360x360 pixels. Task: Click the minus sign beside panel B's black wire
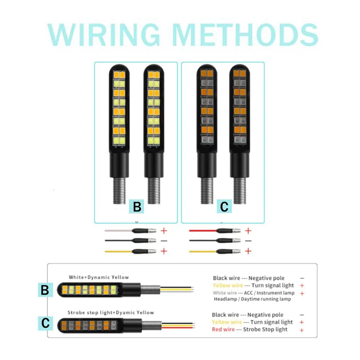[164, 240]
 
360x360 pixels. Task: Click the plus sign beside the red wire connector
[248, 230]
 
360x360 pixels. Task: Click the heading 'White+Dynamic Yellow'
[99, 277]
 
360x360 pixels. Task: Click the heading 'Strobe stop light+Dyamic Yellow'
[111, 312]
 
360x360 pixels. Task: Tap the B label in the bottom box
[45, 290]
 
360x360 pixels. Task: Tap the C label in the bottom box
[45, 323]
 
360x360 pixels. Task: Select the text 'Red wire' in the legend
[223, 329]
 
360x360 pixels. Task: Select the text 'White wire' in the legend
[225, 293]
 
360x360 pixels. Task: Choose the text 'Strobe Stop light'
[265, 329]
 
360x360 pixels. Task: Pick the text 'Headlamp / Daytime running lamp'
[252, 299]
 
